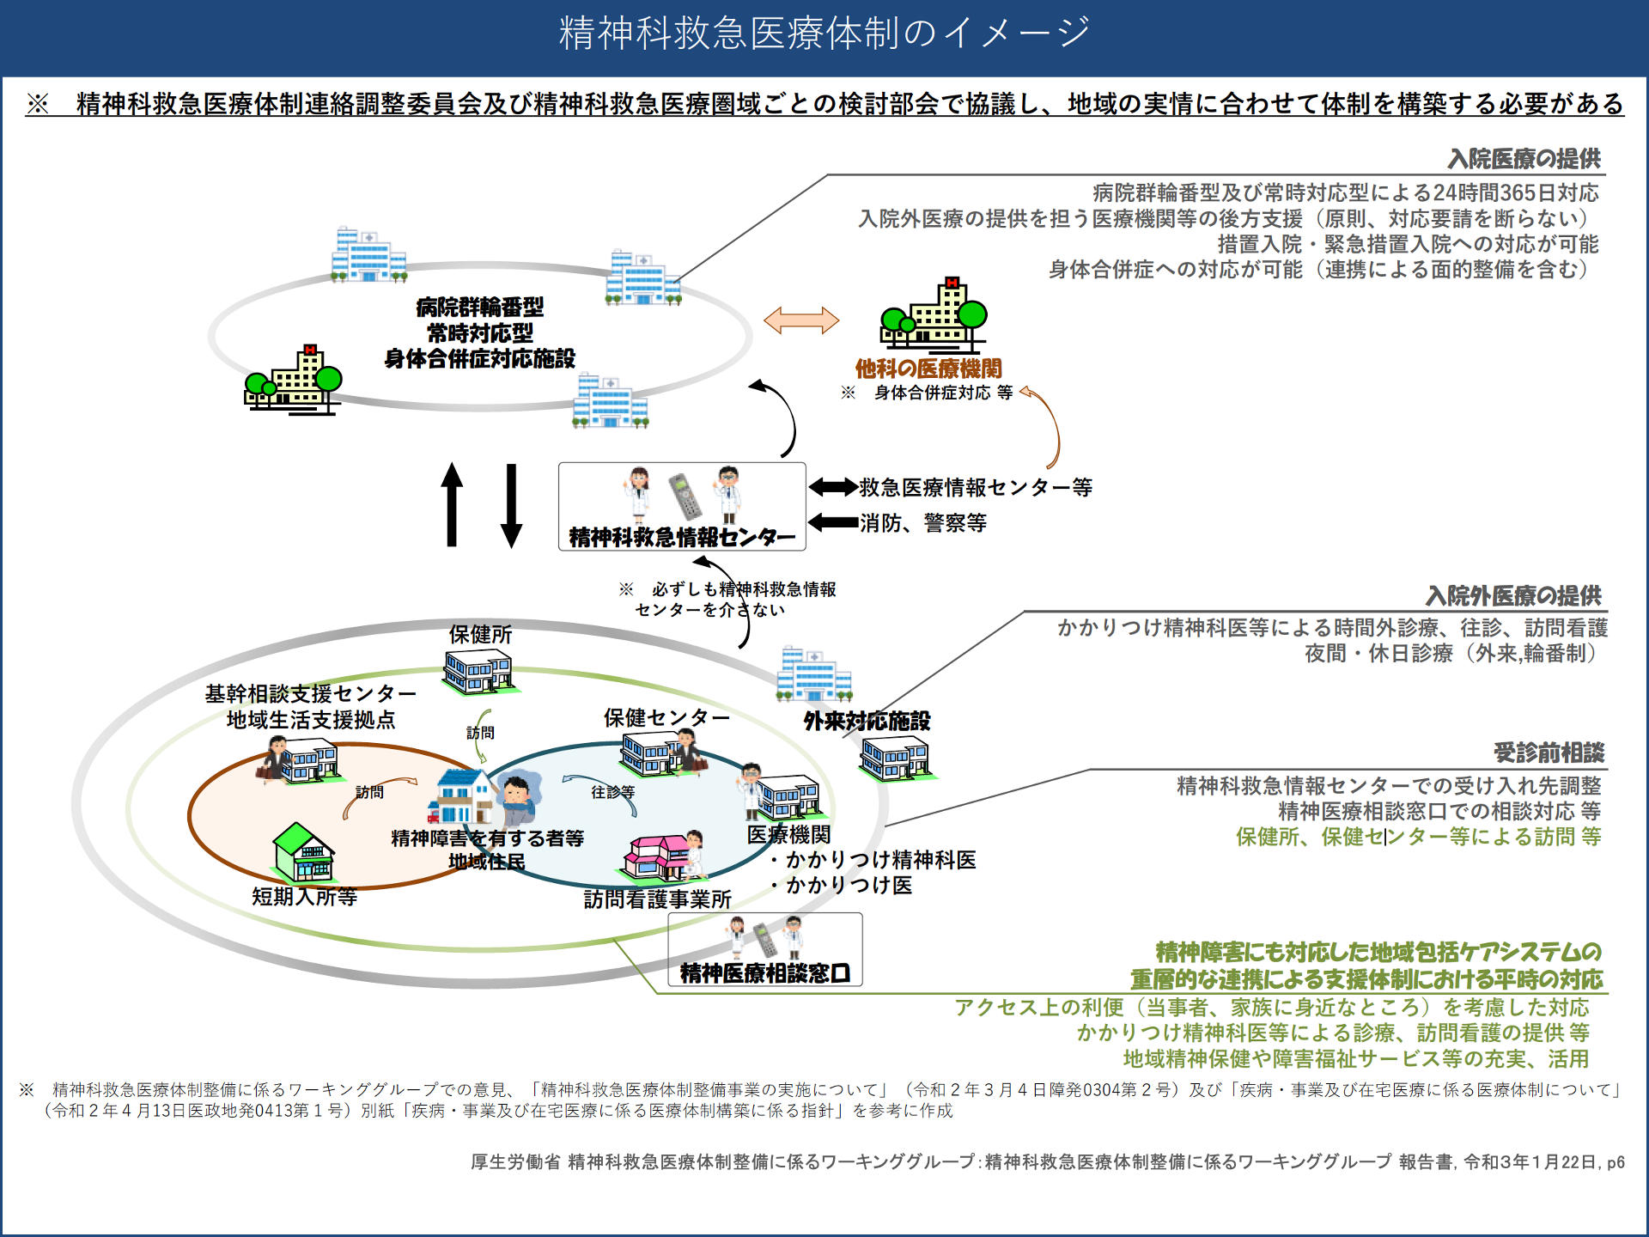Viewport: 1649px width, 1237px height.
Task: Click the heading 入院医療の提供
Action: (1524, 159)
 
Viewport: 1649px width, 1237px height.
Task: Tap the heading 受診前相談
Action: (1549, 753)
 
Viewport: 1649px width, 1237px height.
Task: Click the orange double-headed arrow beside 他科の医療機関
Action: (800, 320)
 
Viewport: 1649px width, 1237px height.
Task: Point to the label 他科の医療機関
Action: (928, 369)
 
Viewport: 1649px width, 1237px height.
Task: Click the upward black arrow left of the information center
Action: (452, 504)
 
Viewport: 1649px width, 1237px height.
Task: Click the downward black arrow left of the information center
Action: (512, 506)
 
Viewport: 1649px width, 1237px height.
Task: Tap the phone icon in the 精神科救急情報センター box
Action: (685, 497)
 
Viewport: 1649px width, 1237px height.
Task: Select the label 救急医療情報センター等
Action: (976, 487)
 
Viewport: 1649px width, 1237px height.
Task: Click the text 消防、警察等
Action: (923, 522)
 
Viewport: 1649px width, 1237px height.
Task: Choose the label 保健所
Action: (480, 635)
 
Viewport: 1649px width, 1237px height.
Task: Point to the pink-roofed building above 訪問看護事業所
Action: (658, 858)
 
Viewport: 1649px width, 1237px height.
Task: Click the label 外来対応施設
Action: (867, 721)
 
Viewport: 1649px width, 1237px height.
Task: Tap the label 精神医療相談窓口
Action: (764, 972)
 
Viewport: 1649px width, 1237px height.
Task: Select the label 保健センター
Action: (666, 717)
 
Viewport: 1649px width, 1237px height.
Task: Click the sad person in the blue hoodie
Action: (518, 800)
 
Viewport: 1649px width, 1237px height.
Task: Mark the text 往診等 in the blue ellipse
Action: (612, 792)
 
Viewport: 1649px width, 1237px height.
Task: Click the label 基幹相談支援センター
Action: (310, 693)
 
